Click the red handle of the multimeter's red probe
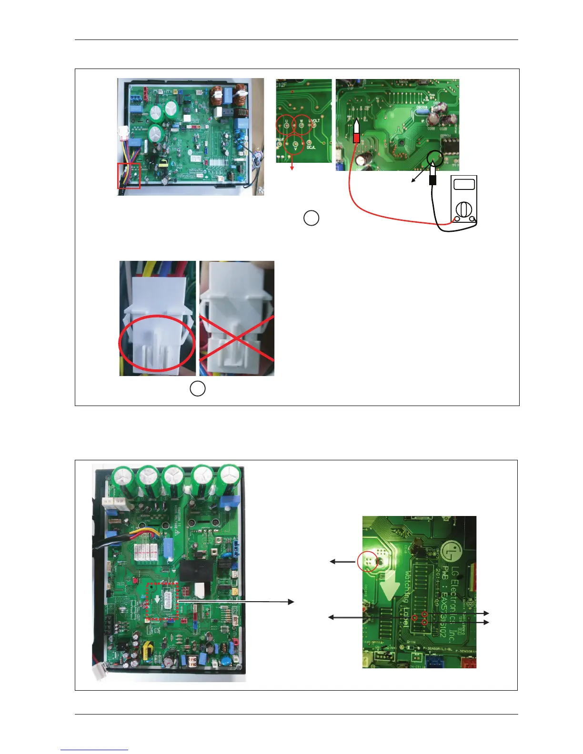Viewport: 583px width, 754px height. [356, 138]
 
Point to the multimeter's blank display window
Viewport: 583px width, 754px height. [465, 185]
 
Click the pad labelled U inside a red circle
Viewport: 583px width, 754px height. [286, 125]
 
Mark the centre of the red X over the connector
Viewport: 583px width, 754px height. [237, 338]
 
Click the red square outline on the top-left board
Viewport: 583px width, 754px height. [129, 175]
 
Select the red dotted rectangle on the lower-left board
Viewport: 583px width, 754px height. [162, 601]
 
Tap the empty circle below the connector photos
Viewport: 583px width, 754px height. [198, 388]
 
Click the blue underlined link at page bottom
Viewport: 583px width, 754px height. [94, 750]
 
